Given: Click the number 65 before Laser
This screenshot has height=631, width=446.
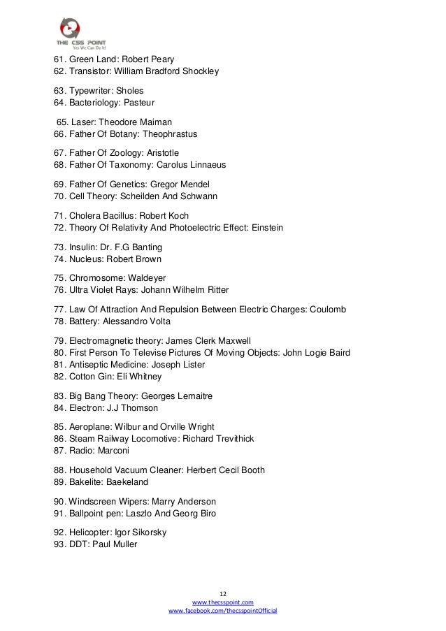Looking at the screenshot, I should click(62, 122).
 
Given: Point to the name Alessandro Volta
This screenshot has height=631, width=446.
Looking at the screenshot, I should click(139, 321).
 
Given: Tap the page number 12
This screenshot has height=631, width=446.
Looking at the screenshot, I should click(223, 590).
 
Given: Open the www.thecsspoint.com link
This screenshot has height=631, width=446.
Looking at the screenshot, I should click(223, 601).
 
